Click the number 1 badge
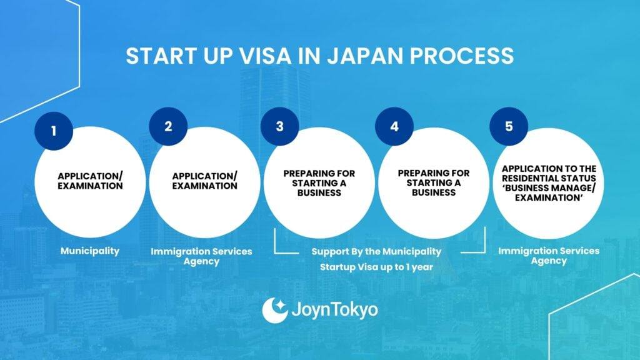[54, 131]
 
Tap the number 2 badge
[168, 126]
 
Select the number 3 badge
[279, 126]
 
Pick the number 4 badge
[394, 126]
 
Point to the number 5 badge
[509, 126]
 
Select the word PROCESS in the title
[462, 56]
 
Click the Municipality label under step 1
[90, 251]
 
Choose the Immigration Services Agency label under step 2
[201, 256]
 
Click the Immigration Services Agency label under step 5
[549, 256]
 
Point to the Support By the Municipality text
[376, 251]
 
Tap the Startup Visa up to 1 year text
[376, 267]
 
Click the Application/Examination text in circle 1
[90, 181]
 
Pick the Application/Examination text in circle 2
[204, 181]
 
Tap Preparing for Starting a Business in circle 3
[319, 183]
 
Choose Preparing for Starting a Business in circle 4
[434, 183]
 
